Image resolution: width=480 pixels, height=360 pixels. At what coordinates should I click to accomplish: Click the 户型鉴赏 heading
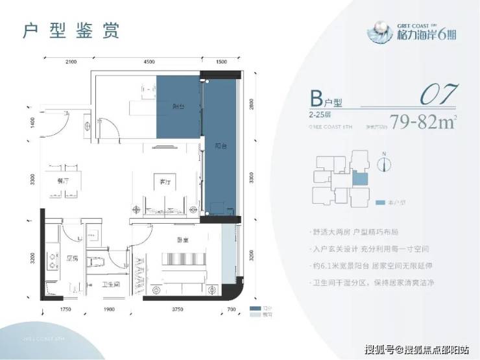(71, 30)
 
